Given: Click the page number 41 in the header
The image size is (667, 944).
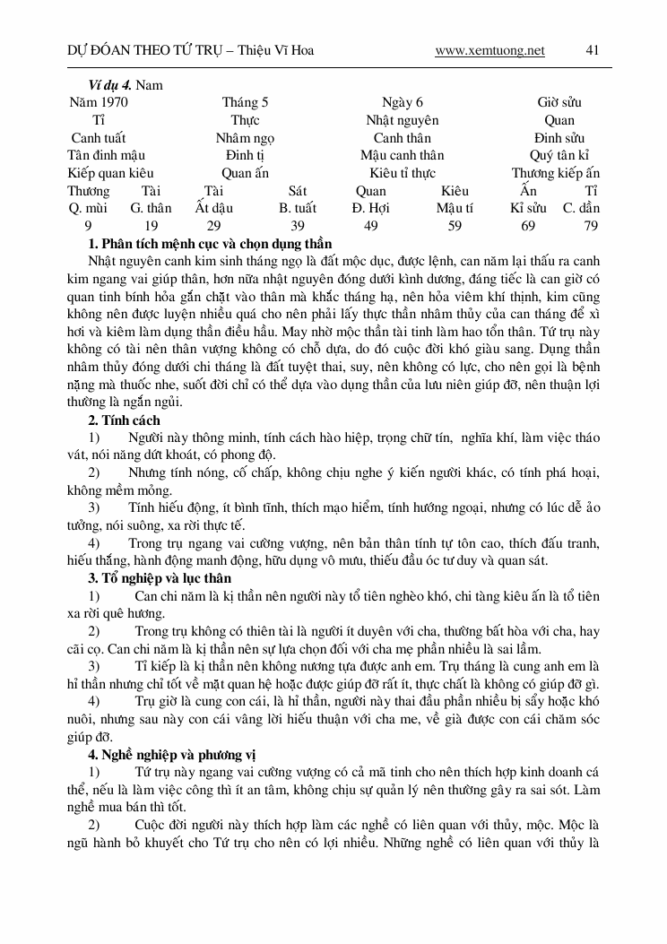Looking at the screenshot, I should pyautogui.click(x=592, y=51).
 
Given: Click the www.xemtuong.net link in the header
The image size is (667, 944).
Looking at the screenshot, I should pyautogui.click(x=489, y=51).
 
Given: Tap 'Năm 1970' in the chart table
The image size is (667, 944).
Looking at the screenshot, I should pyautogui.click(x=99, y=103).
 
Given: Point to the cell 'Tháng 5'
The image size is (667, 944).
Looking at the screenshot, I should pyautogui.click(x=245, y=103).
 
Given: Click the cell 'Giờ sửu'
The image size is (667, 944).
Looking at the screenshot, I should pyautogui.click(x=559, y=103).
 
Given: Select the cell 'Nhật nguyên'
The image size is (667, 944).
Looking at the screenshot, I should pyautogui.click(x=402, y=120).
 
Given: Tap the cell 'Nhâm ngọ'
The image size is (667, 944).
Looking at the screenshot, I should pyautogui.click(x=245, y=138).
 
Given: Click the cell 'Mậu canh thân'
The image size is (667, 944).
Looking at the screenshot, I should pyautogui.click(x=402, y=155).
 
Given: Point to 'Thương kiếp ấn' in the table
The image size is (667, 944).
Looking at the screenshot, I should pyautogui.click(x=556, y=173).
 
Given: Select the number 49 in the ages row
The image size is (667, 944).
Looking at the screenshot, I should pyautogui.click(x=370, y=226).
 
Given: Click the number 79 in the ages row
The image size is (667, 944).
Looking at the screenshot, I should pyautogui.click(x=591, y=226).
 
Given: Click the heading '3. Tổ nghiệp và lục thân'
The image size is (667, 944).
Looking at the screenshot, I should pyautogui.click(x=160, y=578).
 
